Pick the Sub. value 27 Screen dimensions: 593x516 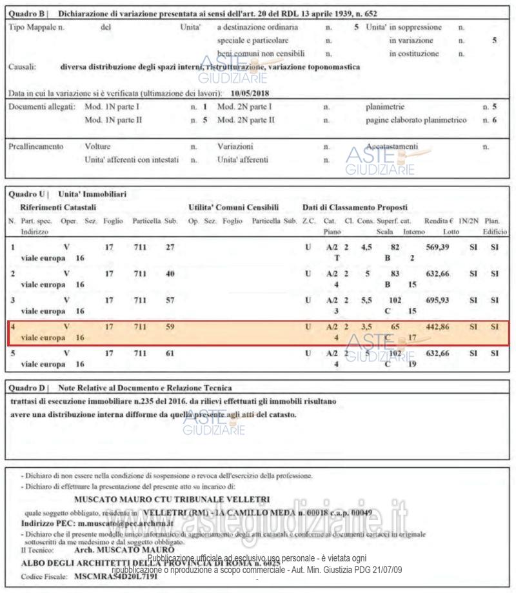click(170, 247)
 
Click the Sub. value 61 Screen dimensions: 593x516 click(170, 354)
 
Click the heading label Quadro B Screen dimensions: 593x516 click(26, 14)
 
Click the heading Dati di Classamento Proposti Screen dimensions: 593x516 click(355, 208)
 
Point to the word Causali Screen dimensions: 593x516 click(23, 66)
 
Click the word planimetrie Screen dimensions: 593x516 click(385, 106)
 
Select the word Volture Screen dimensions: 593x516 click(98, 146)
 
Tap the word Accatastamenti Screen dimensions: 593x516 click(392, 146)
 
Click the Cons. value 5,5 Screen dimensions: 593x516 click(366, 300)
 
